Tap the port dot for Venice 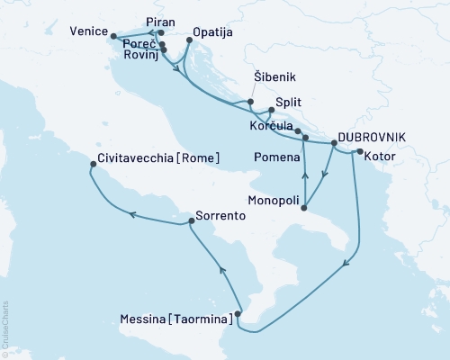[x=113, y=36]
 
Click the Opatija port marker [x=186, y=41]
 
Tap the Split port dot [x=272, y=111]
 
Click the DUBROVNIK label [x=370, y=136]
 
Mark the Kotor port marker [x=358, y=151]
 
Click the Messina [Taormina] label [x=175, y=318]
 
